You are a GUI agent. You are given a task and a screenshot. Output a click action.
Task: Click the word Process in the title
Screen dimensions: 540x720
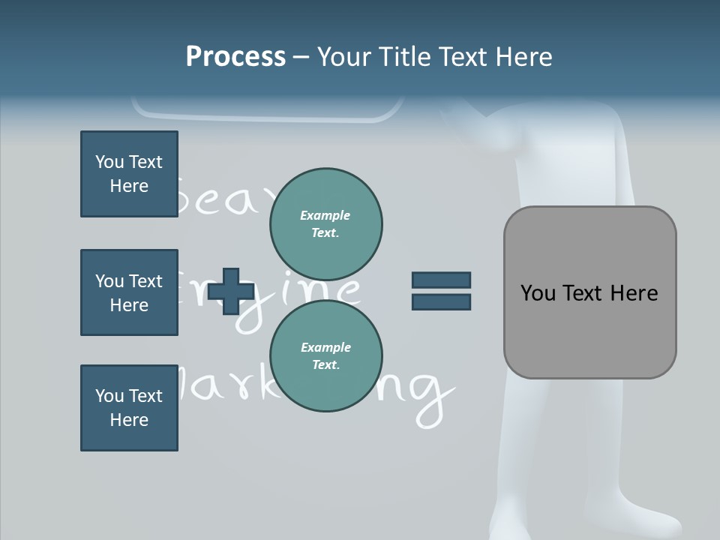[x=235, y=57]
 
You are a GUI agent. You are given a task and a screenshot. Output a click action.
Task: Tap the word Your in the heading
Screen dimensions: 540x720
[x=345, y=57]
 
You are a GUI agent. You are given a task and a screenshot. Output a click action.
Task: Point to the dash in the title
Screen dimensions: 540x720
[x=301, y=58]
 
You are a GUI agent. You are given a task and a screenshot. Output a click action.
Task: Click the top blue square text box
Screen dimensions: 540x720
[x=129, y=174]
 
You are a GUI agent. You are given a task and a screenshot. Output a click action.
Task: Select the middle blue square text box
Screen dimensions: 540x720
[x=129, y=292]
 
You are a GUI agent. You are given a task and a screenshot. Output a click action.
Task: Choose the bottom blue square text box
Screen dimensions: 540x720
[x=129, y=408]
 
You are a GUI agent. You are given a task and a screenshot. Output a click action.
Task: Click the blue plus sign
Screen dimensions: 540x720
[x=230, y=292]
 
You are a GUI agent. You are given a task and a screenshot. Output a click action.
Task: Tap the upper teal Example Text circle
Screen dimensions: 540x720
[x=325, y=223]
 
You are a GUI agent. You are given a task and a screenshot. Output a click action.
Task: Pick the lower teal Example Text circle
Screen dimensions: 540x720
[x=325, y=355]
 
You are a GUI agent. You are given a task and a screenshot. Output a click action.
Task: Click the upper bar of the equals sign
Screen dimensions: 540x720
[x=441, y=280]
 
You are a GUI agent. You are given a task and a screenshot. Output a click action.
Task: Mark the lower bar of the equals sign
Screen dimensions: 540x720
[x=441, y=301]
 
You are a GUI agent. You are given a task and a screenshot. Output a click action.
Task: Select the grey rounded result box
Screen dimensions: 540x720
[x=589, y=292]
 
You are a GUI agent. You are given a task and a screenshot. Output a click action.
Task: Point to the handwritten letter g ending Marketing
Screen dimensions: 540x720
[x=431, y=394]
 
